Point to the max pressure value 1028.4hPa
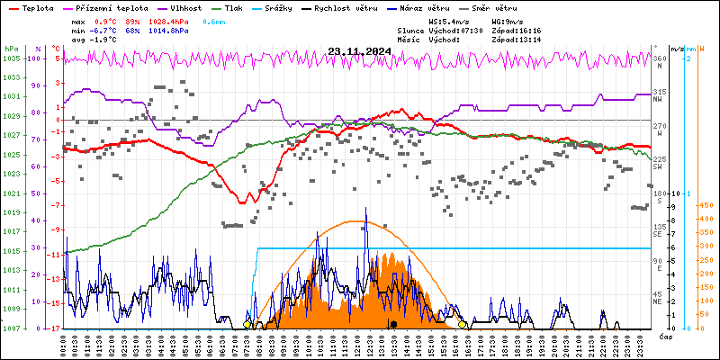[169, 21]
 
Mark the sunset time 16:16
[537, 30]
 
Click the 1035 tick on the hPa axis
[11, 58]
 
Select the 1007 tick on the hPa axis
[11, 328]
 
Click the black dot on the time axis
[393, 324]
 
